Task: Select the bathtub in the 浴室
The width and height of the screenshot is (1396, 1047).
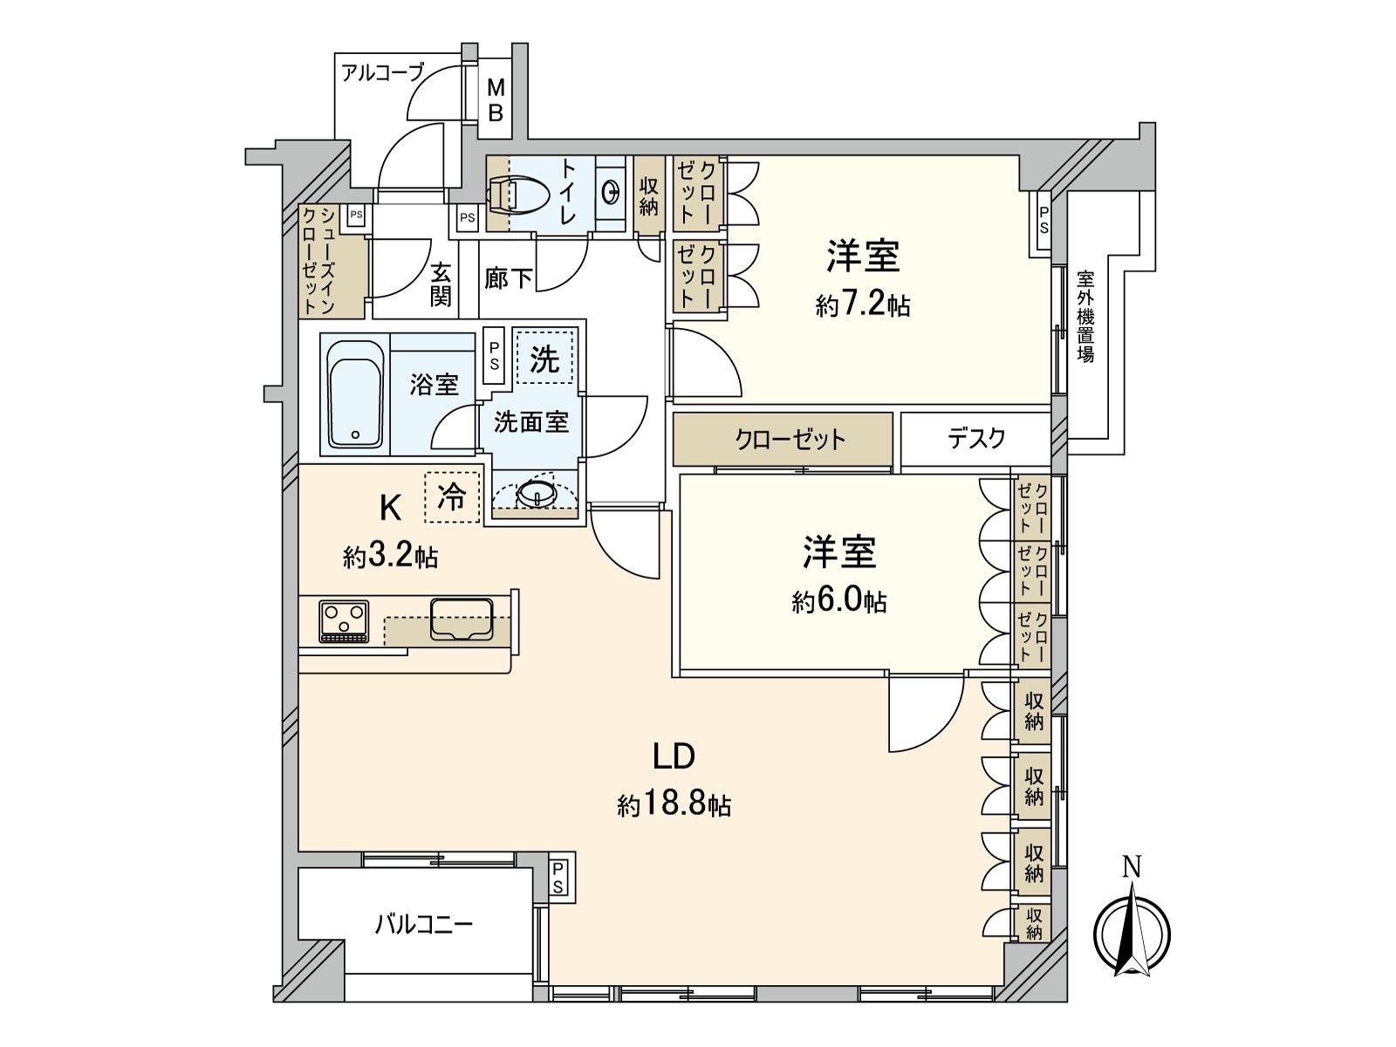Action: [355, 393]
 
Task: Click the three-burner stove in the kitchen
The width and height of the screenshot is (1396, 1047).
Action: [344, 621]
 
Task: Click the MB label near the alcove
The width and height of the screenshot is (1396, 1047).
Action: [496, 99]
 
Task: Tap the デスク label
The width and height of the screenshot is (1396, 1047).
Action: [976, 438]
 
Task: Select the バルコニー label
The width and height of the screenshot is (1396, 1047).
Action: [424, 923]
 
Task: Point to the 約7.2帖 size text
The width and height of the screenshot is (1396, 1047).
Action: [863, 305]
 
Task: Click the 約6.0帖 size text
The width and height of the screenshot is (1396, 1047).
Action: [839, 601]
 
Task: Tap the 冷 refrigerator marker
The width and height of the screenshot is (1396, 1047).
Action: [452, 497]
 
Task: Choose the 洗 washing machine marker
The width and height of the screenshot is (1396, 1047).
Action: [544, 358]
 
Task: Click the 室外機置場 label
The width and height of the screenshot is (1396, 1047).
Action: [1085, 316]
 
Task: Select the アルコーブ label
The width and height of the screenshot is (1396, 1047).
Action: [382, 72]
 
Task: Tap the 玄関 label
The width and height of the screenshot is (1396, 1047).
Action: [441, 284]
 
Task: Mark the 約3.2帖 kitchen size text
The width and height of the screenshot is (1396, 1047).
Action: [390, 557]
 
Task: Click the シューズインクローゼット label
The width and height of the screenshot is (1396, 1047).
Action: [319, 261]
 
